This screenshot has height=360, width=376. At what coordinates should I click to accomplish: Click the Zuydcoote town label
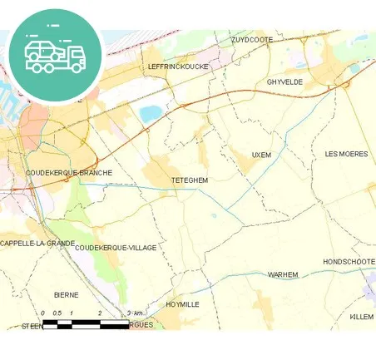click(x=252, y=39)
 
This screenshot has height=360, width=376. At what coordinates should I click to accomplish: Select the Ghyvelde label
click(x=285, y=81)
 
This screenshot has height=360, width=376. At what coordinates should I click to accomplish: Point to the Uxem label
click(x=261, y=155)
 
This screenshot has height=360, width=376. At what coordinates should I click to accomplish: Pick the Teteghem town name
click(x=189, y=180)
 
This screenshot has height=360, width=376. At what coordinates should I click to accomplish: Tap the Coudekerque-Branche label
click(x=69, y=173)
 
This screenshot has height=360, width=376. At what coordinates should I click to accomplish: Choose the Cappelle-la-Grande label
click(x=37, y=244)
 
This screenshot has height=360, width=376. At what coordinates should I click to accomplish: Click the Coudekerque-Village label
click(x=115, y=248)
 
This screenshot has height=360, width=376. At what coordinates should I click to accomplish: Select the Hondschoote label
click(x=349, y=261)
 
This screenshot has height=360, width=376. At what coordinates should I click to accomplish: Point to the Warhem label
click(x=282, y=274)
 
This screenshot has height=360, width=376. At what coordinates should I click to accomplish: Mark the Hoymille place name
click(x=182, y=304)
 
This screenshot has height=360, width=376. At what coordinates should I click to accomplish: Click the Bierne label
click(x=66, y=294)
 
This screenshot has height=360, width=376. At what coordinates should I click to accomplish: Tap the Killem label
click(x=361, y=317)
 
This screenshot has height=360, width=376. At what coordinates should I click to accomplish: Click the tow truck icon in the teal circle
click(x=55, y=54)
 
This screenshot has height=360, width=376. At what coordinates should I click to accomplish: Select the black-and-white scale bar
click(x=83, y=323)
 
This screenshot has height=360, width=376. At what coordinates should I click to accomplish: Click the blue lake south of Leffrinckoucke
click(x=151, y=114)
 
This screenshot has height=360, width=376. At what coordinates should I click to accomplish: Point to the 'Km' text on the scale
click(x=138, y=313)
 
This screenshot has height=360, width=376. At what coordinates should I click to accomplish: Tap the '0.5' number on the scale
click(x=57, y=313)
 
